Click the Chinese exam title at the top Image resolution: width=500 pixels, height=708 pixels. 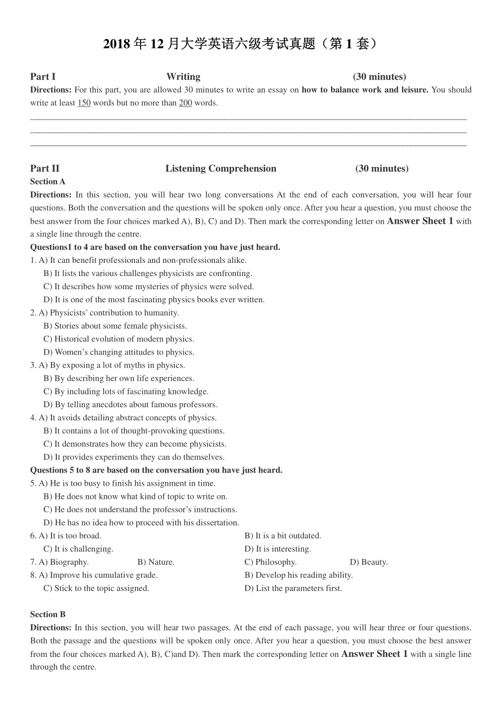(240, 44)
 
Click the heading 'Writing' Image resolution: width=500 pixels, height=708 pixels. (183, 77)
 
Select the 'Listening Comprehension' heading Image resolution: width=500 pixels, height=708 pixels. (221, 169)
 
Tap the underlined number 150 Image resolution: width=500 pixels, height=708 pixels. (84, 103)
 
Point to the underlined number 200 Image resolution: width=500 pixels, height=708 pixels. (185, 103)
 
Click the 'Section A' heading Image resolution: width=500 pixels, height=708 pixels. (48, 182)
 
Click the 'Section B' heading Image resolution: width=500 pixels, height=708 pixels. (48, 615)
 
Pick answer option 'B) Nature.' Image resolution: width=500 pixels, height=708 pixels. (156, 562)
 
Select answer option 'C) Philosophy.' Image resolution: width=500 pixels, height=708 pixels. (271, 562)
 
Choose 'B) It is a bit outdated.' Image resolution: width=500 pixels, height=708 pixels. (283, 536)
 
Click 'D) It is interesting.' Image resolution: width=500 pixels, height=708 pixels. (277, 549)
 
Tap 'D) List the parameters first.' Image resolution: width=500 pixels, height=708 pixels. (293, 588)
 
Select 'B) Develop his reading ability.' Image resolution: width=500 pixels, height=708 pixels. (298, 575)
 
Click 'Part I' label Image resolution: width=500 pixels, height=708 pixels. (43, 77)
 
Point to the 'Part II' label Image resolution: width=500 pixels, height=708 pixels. (45, 169)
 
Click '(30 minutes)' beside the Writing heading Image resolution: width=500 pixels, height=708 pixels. (379, 77)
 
